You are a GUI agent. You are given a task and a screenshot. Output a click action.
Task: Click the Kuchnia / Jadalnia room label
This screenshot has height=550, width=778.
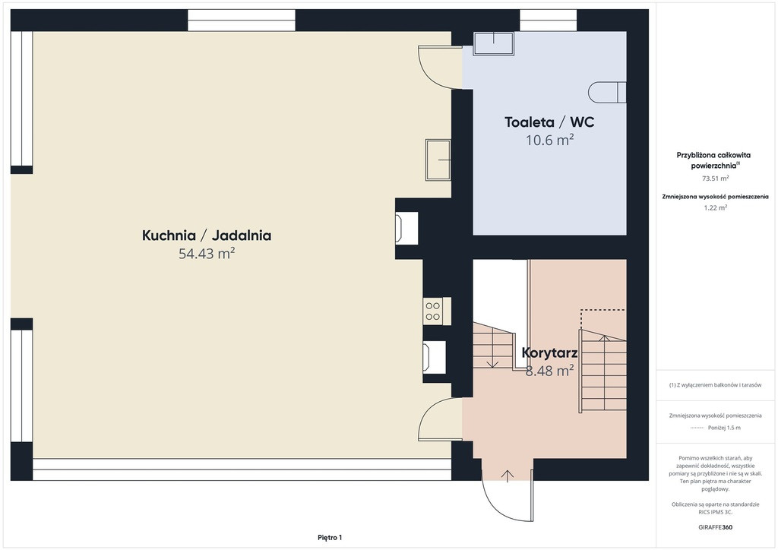(x=207, y=235)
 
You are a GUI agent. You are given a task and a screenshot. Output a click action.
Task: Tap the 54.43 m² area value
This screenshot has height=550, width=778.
(x=207, y=254)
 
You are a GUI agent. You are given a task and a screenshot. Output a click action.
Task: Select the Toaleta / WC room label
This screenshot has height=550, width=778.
(x=549, y=122)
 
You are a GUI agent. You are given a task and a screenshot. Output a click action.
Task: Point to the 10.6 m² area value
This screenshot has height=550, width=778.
(x=550, y=140)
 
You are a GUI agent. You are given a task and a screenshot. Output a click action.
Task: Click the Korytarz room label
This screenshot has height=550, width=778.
(x=549, y=352)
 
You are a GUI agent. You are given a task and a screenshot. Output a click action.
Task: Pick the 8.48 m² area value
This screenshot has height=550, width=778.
(x=550, y=371)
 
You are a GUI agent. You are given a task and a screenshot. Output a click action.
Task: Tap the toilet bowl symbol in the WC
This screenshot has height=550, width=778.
(x=607, y=92)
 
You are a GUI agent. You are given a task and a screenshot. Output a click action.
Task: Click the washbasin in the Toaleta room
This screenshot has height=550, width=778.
(x=494, y=43)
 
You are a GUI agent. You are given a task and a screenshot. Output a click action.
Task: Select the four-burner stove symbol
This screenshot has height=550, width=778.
(x=437, y=311)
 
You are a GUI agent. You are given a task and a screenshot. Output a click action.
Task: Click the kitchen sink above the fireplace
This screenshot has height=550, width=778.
(x=438, y=160)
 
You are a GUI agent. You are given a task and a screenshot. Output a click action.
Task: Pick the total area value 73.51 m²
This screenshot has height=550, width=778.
(x=715, y=178)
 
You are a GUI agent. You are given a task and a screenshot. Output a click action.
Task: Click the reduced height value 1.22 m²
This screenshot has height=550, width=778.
(x=715, y=208)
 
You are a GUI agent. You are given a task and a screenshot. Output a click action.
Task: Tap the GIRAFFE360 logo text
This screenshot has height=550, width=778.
(x=715, y=527)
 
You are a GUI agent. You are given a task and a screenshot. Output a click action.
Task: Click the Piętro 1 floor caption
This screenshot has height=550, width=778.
(x=330, y=538)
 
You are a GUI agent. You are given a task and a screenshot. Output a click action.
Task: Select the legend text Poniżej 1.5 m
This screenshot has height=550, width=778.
(x=724, y=428)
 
